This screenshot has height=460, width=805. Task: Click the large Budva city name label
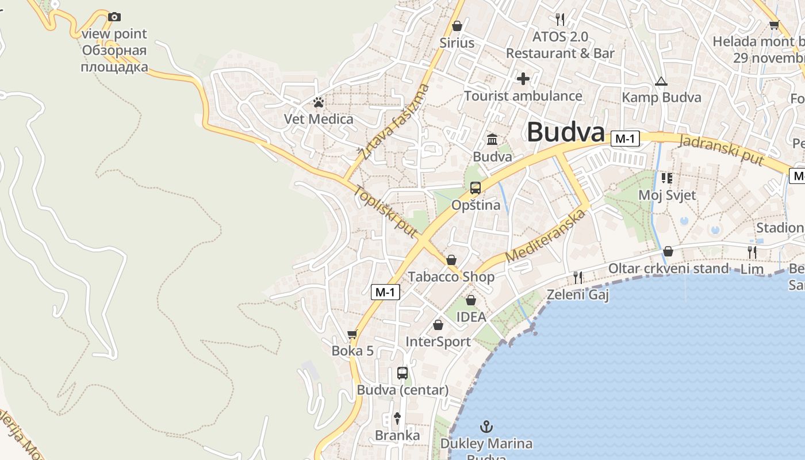coord(566,132)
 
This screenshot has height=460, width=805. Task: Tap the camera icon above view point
coord(114,17)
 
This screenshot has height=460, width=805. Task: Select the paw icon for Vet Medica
coord(319,102)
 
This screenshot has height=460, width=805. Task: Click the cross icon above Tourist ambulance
coord(523,78)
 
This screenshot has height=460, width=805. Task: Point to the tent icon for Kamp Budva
coord(661,81)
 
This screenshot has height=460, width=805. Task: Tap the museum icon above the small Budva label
coord(492,140)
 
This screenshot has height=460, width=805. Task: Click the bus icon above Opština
coord(475,187)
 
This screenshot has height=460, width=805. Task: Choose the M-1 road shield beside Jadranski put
coord(626,139)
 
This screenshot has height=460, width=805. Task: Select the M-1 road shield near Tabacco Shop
coord(385,292)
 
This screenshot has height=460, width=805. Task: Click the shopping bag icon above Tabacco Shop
coord(451,260)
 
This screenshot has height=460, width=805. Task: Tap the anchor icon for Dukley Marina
coord(486,427)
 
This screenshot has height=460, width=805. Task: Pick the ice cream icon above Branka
coord(397,418)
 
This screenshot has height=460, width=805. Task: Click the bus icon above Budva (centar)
coord(402,373)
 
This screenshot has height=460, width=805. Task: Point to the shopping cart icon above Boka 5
coord(352,334)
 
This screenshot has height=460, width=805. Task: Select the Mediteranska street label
coord(546,236)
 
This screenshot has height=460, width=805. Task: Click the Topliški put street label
coord(385,212)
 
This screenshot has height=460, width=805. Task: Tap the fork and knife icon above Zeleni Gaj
coord(577,278)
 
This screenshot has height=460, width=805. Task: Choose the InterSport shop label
coord(438,342)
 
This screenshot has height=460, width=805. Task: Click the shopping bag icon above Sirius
coord(457,26)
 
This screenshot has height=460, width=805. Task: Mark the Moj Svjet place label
coord(667,195)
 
